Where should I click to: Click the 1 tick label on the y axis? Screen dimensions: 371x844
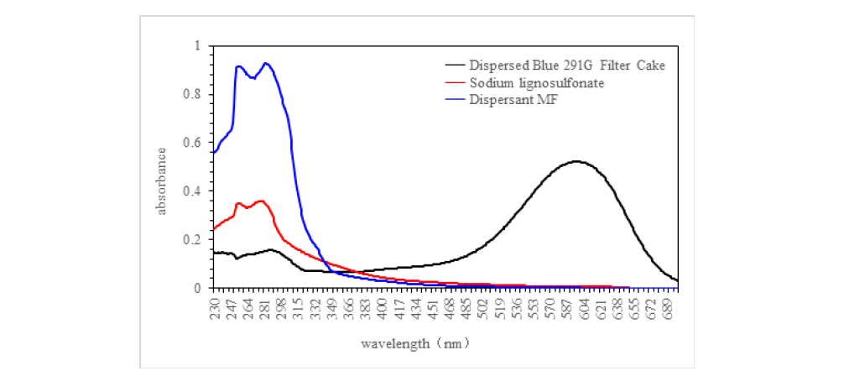[199, 45]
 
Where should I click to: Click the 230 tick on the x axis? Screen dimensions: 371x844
[215, 306]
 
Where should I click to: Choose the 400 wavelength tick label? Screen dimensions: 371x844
[383, 306]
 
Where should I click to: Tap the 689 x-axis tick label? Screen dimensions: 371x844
[669, 306]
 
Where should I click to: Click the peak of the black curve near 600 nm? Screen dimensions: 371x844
[576, 161]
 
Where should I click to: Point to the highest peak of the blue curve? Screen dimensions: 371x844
[266, 63]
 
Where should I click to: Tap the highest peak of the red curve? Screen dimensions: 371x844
[261, 201]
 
